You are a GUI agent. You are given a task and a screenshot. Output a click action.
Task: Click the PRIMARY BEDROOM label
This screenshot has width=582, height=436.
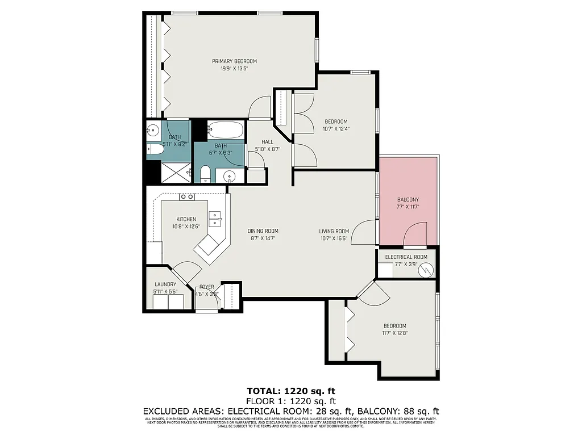(234, 61)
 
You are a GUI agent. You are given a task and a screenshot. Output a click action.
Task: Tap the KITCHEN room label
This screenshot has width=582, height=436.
(186, 219)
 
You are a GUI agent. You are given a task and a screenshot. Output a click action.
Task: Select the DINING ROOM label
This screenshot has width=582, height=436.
(263, 231)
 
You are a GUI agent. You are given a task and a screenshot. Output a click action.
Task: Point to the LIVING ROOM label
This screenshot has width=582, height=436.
(334, 231)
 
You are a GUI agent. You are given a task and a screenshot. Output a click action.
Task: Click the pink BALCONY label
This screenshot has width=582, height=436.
(408, 200)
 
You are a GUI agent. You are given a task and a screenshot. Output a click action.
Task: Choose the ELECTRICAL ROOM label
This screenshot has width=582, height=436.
(406, 257)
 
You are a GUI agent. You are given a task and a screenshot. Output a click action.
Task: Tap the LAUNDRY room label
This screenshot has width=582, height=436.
(165, 284)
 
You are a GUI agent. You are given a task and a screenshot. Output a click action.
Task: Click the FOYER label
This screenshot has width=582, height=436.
(206, 287)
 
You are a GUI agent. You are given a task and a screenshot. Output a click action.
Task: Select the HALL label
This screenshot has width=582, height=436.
(267, 142)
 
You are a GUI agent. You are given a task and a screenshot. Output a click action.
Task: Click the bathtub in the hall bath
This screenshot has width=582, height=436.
(225, 130)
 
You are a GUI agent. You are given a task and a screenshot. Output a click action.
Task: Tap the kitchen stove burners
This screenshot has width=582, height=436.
(187, 197)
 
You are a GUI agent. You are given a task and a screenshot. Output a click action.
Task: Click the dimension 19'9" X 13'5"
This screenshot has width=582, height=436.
(234, 68)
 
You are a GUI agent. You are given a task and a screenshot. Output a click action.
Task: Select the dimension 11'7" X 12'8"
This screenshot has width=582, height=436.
(394, 333)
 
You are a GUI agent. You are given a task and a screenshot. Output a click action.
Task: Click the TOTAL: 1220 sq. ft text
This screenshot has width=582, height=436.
(291, 391)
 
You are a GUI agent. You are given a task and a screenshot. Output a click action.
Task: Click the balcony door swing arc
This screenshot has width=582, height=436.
(415, 233)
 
